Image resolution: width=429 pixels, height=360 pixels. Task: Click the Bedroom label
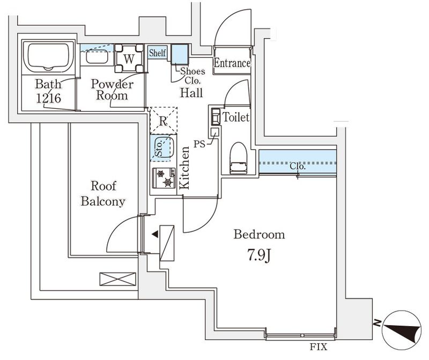click(x=259, y=234)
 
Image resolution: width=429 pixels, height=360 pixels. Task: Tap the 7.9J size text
click(x=258, y=254)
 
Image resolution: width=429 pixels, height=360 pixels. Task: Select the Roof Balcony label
click(x=103, y=194)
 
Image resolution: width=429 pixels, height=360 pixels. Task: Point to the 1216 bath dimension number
click(x=48, y=98)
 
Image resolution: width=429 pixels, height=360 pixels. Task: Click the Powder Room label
click(x=112, y=90)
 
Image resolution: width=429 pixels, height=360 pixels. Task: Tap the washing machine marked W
click(x=129, y=58)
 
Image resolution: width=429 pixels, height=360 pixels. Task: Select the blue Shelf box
click(x=158, y=53)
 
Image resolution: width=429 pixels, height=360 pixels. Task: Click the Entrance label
click(x=232, y=63)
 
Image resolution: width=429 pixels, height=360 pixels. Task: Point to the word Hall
click(x=191, y=93)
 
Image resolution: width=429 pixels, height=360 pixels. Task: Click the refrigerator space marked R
click(x=164, y=120)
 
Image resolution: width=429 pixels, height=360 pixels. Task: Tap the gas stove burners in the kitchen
click(x=164, y=178)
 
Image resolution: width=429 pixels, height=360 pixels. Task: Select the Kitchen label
click(x=184, y=168)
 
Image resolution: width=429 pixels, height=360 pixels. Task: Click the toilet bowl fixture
click(x=237, y=159)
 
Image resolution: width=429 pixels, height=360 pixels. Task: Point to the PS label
click(x=199, y=144)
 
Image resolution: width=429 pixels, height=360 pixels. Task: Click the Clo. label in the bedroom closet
click(x=298, y=166)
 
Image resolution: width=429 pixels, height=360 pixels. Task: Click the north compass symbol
click(x=401, y=330)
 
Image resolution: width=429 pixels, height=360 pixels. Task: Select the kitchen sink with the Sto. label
click(x=163, y=148)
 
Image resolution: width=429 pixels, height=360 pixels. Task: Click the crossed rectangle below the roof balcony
click(x=118, y=280)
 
